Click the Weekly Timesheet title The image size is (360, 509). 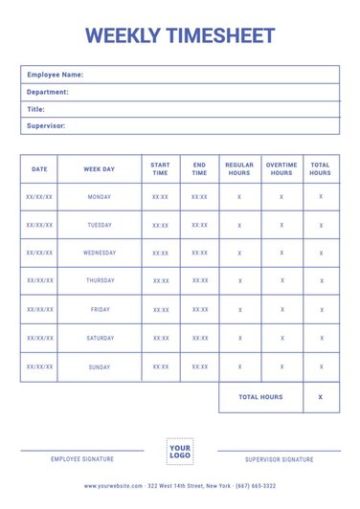pos(180,36)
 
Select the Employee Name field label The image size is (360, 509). pos(55,75)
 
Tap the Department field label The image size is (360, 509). pos(48,92)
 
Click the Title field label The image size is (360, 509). pos(36,109)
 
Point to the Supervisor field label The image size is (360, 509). pos(46,125)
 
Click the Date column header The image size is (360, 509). pos(39,169)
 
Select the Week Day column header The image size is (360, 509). pos(99,169)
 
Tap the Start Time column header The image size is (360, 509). pos(160,169)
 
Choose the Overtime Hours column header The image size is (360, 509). pos(281,169)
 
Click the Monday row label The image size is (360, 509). pos(99,197)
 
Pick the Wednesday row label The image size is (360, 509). pos(99,254)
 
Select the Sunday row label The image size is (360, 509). pos(99,366)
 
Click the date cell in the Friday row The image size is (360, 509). pos(39,310)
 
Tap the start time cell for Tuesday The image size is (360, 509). pos(160,226)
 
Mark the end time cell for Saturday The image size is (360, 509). pos(199,338)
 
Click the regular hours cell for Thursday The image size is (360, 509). pos(239,281)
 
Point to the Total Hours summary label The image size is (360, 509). pos(260,397)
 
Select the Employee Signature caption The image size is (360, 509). pos(82,459)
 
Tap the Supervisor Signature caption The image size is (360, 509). pos(279,459)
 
